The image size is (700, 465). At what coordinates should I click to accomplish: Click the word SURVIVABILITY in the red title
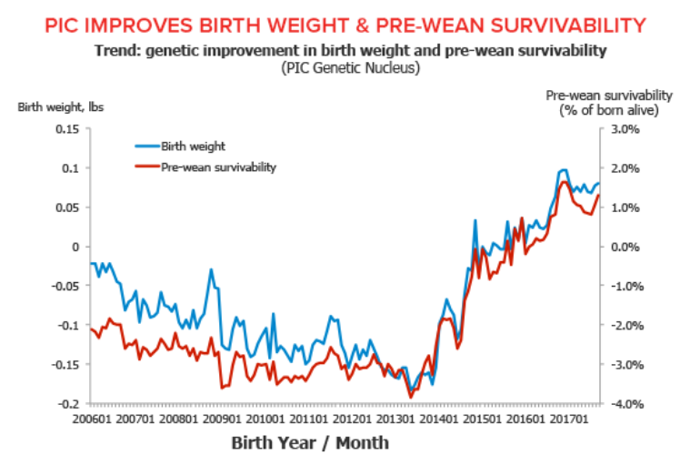point(559,24)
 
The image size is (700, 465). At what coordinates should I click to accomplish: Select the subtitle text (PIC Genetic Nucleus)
point(349,67)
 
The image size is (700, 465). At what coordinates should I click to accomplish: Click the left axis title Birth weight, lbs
point(61,106)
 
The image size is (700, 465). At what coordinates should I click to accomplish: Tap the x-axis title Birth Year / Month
point(310,443)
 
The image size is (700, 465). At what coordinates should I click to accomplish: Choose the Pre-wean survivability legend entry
point(218,167)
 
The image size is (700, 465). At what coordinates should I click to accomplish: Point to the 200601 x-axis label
point(93,420)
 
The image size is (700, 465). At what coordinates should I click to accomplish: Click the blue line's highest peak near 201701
point(563,170)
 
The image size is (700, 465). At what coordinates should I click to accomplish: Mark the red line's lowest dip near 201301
point(411,397)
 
